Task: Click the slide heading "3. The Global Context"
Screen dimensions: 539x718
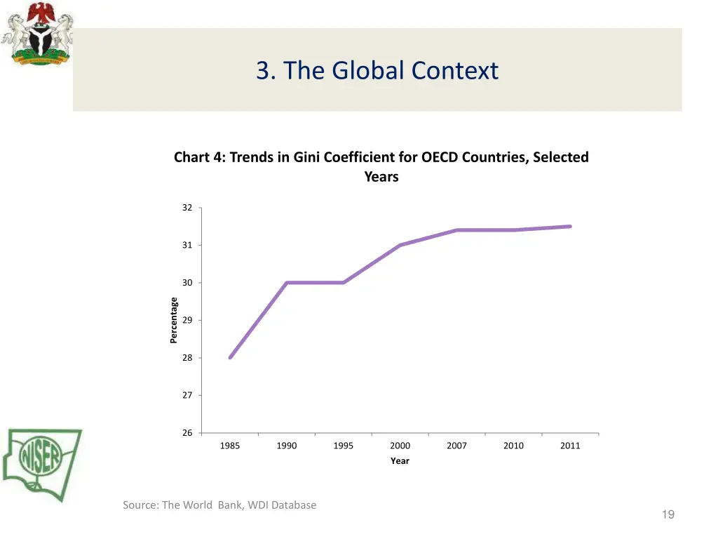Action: click(x=377, y=70)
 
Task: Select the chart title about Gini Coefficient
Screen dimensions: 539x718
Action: click(x=381, y=166)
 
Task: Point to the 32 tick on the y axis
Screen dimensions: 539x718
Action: click(x=187, y=208)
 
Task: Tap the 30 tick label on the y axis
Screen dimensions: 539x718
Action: click(x=187, y=283)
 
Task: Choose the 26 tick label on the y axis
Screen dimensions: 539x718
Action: click(x=187, y=433)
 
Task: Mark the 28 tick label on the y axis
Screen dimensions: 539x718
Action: click(x=187, y=358)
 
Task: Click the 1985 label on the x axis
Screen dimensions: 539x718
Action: click(x=230, y=446)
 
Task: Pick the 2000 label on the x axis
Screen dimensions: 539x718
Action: click(x=400, y=446)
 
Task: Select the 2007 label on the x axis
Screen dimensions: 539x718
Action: click(x=456, y=446)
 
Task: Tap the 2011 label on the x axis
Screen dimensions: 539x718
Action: click(x=570, y=446)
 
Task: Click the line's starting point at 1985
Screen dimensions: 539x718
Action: click(x=230, y=358)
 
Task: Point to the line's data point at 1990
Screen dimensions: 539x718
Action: click(x=287, y=283)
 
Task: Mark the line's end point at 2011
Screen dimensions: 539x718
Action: click(x=570, y=227)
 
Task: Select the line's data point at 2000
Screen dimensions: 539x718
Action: click(x=400, y=245)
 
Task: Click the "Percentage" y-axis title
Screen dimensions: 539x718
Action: click(x=174, y=321)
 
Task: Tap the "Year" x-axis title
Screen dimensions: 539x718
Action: click(x=400, y=461)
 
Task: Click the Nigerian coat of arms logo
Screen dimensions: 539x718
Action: click(x=36, y=34)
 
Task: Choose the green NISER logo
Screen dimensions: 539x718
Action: click(x=42, y=464)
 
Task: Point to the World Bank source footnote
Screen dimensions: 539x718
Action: click(x=219, y=505)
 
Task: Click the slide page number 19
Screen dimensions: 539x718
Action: click(x=668, y=515)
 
